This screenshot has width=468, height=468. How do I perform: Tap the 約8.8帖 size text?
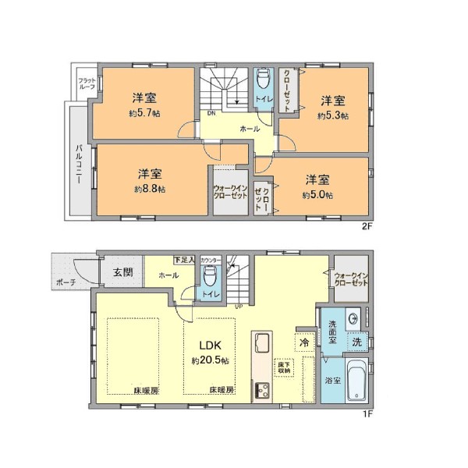pos(149,189)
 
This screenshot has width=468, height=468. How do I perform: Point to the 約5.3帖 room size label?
pos(333,115)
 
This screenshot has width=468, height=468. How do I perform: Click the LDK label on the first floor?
pos(207,345)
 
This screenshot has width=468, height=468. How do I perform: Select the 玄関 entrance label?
pos(123,272)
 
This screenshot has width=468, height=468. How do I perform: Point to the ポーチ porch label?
pos(66,283)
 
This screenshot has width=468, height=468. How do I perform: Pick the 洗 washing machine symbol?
pos(356,342)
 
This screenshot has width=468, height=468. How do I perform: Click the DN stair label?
pos(211,112)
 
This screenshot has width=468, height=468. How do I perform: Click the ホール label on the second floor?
pos(250,128)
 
